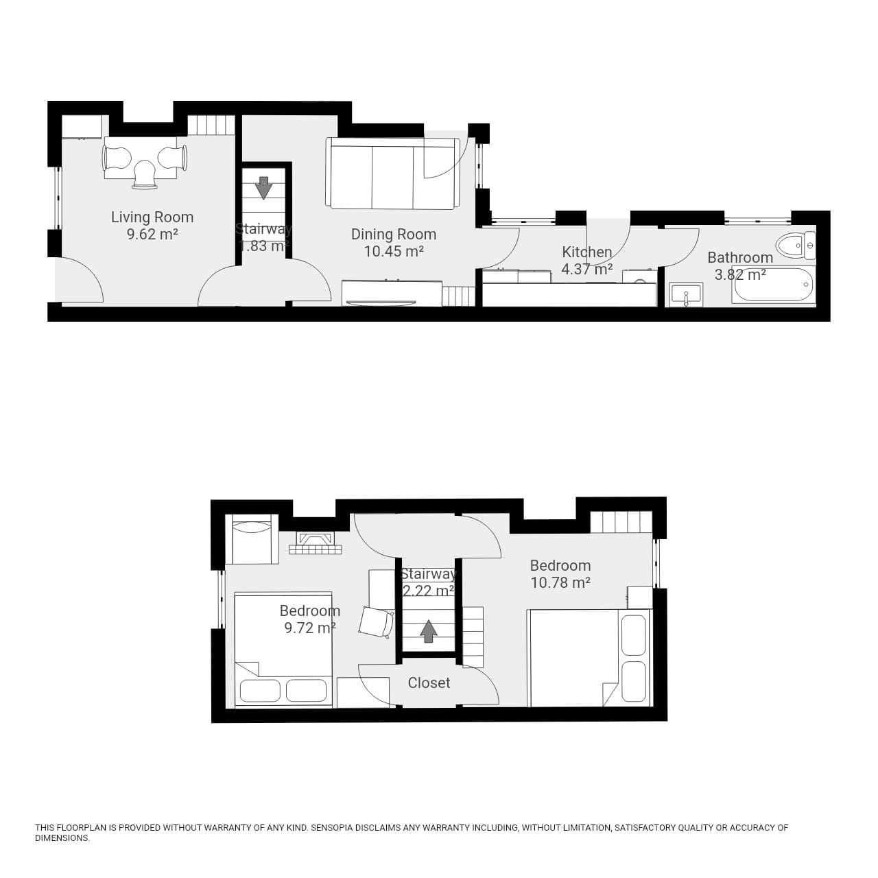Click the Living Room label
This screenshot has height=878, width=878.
tap(152, 217)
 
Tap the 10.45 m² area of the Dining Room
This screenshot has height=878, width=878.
tap(393, 252)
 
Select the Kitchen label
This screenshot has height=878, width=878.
tap(586, 252)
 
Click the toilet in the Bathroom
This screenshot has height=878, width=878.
tap(795, 245)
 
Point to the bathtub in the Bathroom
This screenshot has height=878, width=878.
tap(773, 286)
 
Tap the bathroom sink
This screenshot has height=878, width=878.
tap(685, 295)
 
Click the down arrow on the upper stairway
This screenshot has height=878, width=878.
tap(263, 187)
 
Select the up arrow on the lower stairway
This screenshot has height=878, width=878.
tap(429, 631)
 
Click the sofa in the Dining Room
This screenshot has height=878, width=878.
tap(392, 173)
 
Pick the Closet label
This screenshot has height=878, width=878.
tap(429, 683)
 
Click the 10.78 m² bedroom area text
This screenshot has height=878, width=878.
tap(560, 583)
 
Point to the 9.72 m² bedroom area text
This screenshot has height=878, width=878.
tap(309, 628)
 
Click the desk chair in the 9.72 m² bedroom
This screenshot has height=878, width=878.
tap(376, 622)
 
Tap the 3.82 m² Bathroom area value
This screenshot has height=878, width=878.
tap(740, 275)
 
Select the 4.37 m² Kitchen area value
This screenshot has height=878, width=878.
tap(586, 270)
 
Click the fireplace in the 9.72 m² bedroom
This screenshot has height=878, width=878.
tap(316, 543)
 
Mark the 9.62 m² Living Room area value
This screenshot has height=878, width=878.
tap(152, 235)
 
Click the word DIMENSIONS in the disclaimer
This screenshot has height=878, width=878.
tap(62, 838)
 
